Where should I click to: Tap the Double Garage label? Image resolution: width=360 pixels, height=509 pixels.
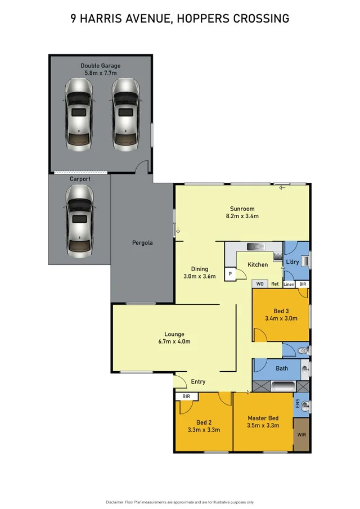pyautogui.click(x=100, y=66)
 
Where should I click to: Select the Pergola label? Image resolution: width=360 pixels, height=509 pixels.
pyautogui.click(x=142, y=243)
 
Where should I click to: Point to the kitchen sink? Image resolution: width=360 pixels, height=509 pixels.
pyautogui.click(x=256, y=246)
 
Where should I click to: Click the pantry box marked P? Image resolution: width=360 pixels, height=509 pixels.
pyautogui.click(x=230, y=274)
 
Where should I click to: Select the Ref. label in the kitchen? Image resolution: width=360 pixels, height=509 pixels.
pyautogui.click(x=275, y=285)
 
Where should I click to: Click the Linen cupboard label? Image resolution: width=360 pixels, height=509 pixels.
pyautogui.click(x=289, y=285)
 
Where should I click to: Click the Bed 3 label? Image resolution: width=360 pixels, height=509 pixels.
pyautogui.click(x=281, y=310)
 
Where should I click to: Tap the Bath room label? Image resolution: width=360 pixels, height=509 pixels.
pyautogui.click(x=282, y=369)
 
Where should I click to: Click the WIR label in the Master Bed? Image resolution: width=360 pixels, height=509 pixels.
pyautogui.click(x=301, y=435)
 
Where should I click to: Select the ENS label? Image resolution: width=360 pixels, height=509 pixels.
pyautogui.click(x=298, y=403)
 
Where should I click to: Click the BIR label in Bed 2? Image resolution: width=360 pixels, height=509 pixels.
pyautogui.click(x=186, y=397)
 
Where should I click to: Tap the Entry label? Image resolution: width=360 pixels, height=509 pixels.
pyautogui.click(x=198, y=382)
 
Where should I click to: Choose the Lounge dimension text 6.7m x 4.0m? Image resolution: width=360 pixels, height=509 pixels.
pyautogui.click(x=174, y=341)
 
